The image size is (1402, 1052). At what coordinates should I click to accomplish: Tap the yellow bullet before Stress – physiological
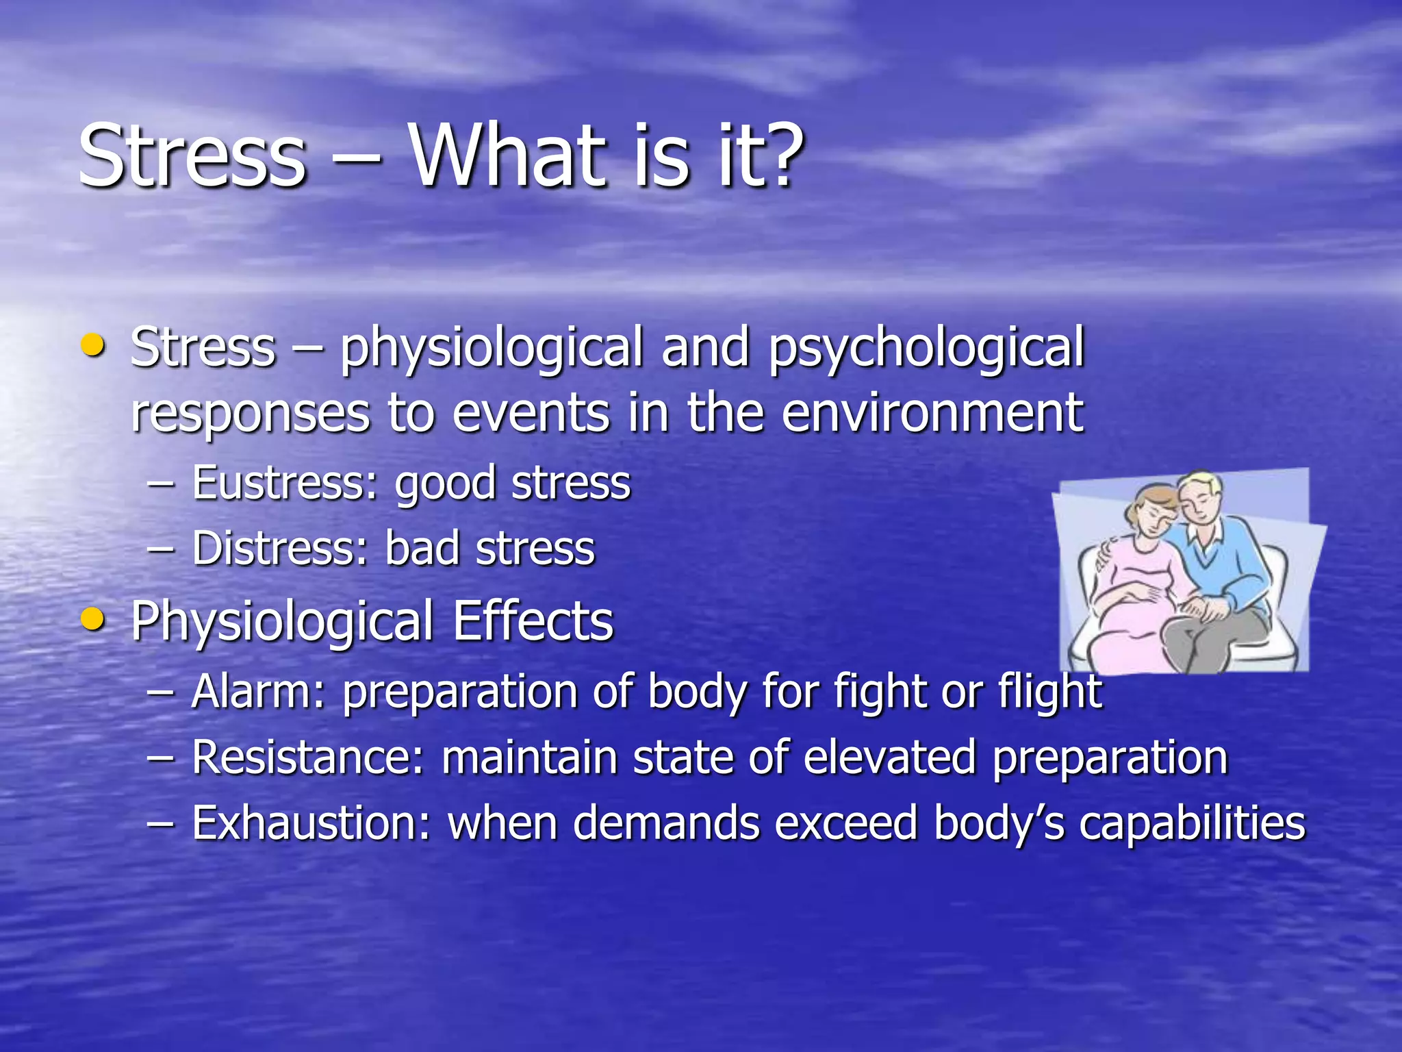92,345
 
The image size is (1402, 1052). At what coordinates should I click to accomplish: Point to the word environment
932,414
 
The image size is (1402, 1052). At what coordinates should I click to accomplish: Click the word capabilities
1192,824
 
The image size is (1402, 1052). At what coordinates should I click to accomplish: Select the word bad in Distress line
422,549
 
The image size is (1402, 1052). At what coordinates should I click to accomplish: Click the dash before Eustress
161,484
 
